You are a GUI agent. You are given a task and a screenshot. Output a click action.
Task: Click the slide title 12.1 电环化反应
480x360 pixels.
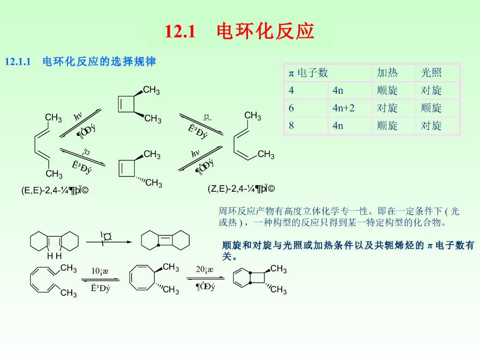(x=240, y=32)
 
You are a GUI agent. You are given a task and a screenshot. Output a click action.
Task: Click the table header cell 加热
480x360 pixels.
(x=387, y=73)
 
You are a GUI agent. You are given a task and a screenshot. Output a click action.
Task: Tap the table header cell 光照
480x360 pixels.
(x=431, y=73)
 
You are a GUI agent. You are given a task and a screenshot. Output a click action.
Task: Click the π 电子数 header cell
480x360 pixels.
(x=308, y=73)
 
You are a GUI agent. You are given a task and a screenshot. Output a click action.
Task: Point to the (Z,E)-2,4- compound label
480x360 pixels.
(x=241, y=189)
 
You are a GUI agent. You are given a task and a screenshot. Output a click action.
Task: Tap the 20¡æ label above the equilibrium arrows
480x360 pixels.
(x=205, y=270)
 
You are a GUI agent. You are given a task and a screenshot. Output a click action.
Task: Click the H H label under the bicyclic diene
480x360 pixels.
(x=54, y=256)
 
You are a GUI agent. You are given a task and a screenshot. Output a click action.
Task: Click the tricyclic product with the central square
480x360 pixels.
(x=165, y=241)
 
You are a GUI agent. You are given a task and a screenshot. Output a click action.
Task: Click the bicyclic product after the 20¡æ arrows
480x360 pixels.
(x=250, y=277)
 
